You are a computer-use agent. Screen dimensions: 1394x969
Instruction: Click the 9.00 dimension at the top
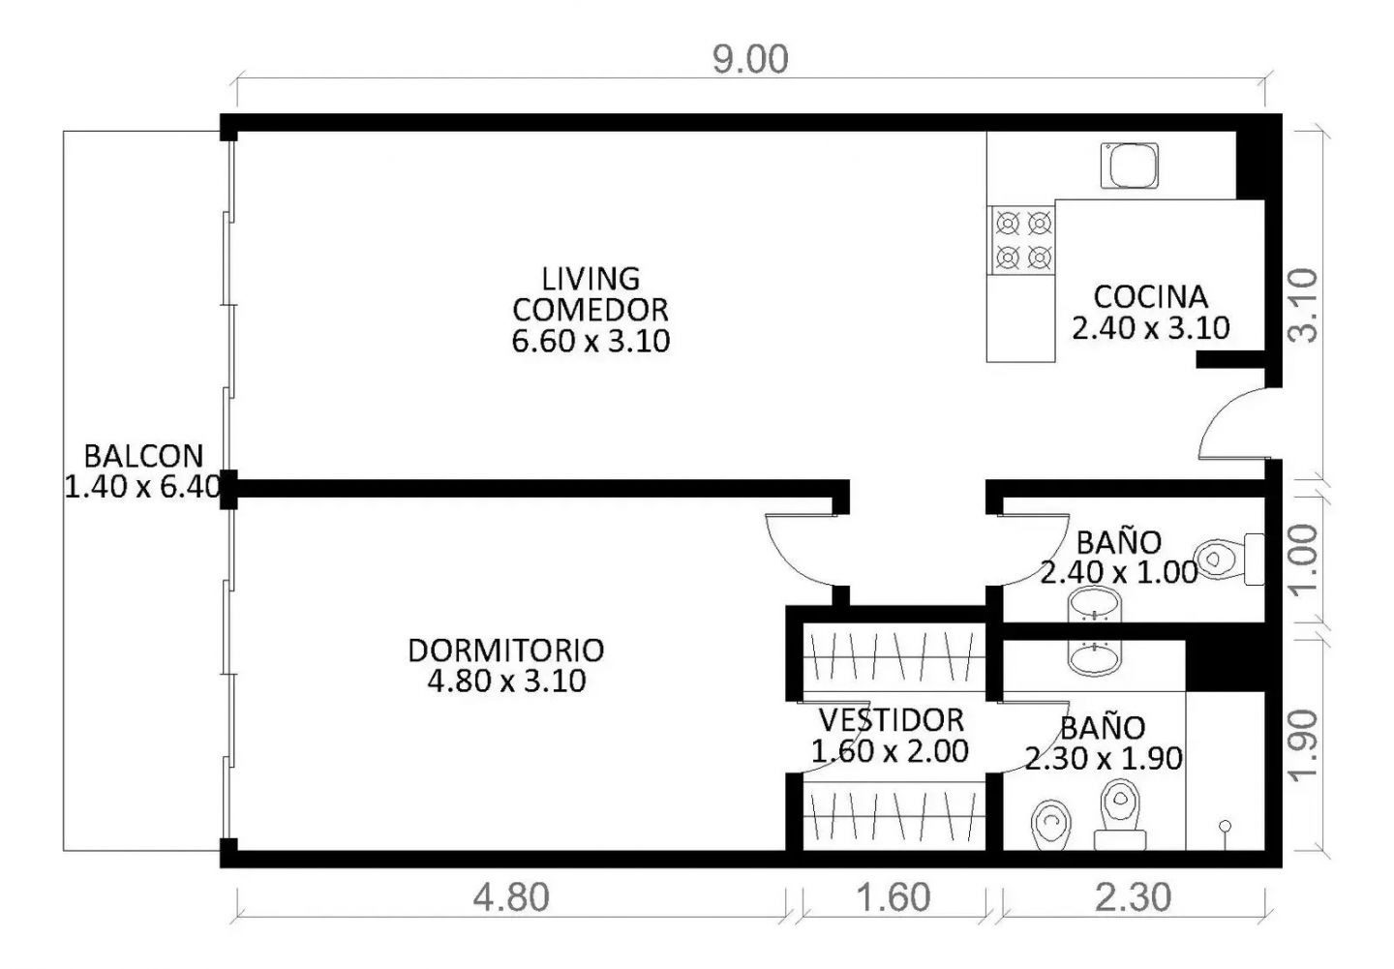750,60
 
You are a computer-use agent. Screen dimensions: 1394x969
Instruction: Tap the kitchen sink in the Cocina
1130,166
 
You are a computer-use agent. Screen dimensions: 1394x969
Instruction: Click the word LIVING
591,279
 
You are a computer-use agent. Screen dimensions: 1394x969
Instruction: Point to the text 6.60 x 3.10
591,341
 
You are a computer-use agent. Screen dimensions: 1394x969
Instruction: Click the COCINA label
1151,297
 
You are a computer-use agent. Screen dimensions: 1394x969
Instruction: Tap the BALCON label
143,456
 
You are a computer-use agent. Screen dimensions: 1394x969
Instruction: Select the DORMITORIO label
506,651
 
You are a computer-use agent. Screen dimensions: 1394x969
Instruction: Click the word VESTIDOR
892,720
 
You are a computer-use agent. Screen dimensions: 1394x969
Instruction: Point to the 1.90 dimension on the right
1303,745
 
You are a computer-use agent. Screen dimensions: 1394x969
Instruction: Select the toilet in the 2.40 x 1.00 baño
1229,559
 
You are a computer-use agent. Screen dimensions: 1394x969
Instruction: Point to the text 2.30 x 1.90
1104,759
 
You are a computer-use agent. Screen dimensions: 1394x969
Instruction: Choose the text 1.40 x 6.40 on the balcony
143,487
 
